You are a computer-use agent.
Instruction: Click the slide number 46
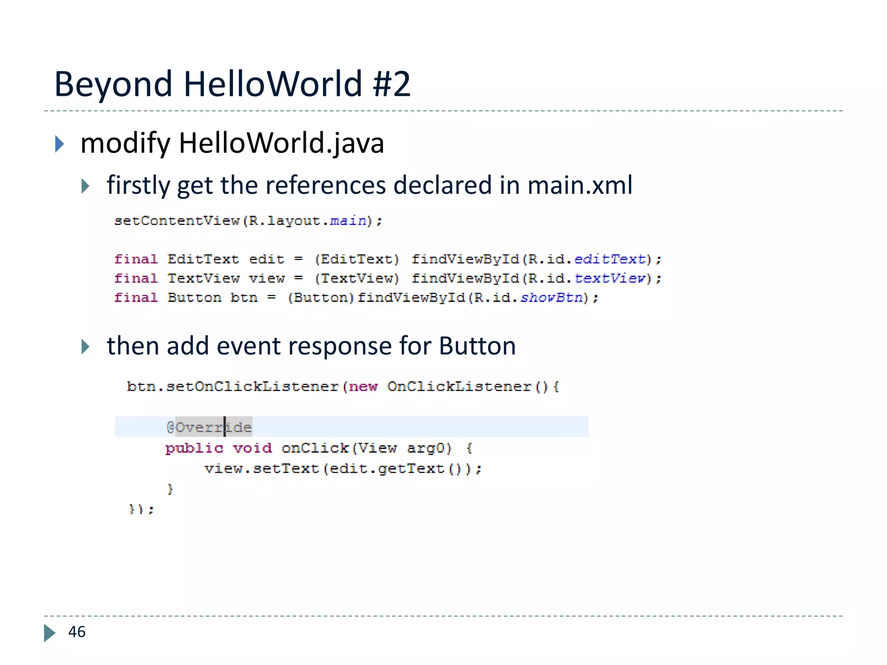pos(77,632)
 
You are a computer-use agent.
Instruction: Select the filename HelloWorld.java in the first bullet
pos(281,143)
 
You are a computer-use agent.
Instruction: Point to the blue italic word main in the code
pos(348,221)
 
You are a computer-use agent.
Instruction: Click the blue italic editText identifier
pos(610,259)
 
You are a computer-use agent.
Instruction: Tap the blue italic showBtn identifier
pos(551,297)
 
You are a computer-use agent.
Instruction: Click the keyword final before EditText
pos(136,259)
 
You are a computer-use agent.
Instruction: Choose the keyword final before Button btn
pos(136,297)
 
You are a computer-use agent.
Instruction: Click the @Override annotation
pos(209,427)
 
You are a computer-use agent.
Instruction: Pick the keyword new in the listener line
pos(363,386)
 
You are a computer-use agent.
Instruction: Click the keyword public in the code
pos(194,448)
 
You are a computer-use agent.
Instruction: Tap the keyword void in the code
pos(253,448)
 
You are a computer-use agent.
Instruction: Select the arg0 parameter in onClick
pos(429,448)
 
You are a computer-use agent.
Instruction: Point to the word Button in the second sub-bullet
pos(477,346)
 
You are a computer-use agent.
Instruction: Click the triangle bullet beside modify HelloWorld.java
pos(60,144)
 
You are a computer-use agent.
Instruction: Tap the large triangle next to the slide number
pos(49,633)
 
